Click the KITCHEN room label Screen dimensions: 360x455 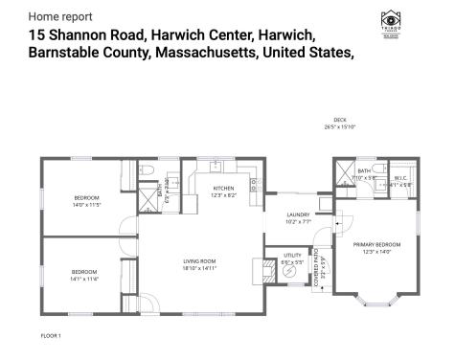(223, 188)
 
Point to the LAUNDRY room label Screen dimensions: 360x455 (297, 215)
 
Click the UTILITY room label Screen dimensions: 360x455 (292, 254)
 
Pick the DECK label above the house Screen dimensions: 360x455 (340, 120)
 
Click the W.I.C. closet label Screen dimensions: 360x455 (403, 178)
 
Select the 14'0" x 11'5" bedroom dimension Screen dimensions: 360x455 (85, 205)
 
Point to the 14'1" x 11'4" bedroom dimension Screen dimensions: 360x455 (85, 278)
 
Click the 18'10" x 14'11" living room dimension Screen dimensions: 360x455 (199, 269)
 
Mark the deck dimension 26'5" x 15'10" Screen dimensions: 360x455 (340, 127)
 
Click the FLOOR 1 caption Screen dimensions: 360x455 (51, 336)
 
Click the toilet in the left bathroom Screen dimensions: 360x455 (148, 171)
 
